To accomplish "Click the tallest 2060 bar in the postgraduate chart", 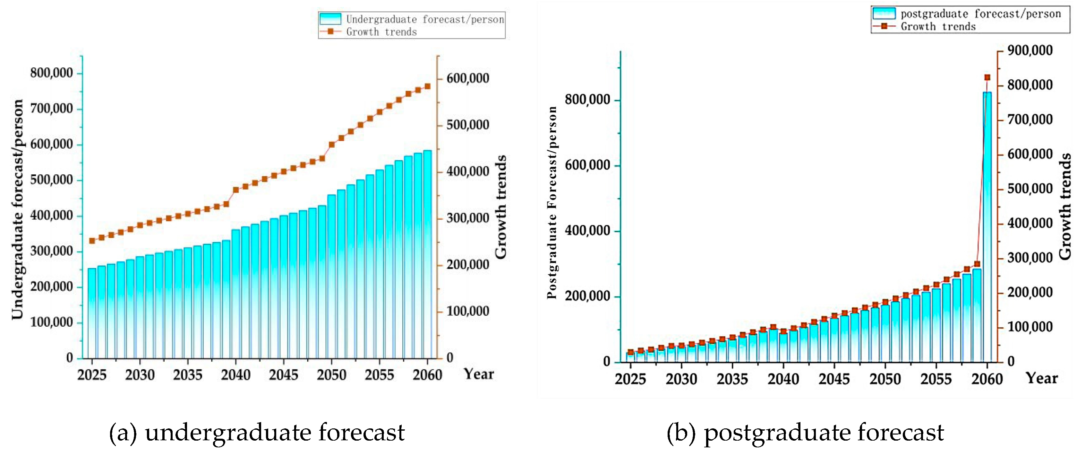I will (987, 228).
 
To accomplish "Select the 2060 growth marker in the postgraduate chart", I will (987, 78).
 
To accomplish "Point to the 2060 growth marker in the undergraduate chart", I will (427, 86).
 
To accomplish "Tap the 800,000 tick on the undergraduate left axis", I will (51, 73).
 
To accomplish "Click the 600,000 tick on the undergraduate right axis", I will (467, 78).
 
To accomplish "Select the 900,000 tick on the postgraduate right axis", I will (1029, 51).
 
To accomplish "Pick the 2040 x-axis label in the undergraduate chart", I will (235, 375).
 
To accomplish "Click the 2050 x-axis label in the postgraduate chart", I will (885, 379).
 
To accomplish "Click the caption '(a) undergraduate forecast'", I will (257, 433).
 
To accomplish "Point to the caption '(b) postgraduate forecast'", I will (805, 433).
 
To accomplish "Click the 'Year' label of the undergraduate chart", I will (478, 374).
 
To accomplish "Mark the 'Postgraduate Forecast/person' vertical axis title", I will (552, 202).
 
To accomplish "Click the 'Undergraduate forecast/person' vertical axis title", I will (17, 209).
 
